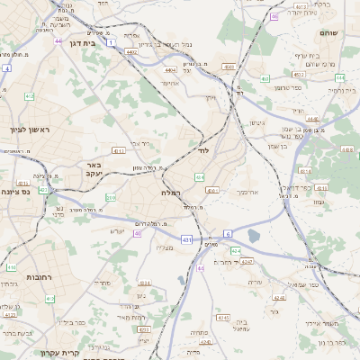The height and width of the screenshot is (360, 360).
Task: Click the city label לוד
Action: point(203,150)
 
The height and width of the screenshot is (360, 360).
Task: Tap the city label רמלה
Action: point(172,193)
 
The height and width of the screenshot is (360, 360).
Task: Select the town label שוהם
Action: point(328,32)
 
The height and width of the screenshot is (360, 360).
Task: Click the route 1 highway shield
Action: point(111,42)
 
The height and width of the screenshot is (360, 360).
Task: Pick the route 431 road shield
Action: point(186,239)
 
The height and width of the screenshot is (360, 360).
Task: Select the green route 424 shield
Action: point(234,250)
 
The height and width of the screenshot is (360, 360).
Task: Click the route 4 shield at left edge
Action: point(6,67)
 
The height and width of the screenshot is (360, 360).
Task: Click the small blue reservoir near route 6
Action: point(253,236)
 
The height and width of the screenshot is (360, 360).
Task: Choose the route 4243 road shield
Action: point(247,261)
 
